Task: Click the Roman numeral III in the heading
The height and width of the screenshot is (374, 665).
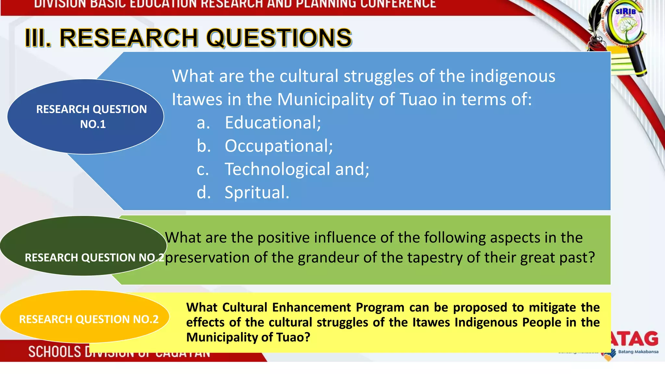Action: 38,38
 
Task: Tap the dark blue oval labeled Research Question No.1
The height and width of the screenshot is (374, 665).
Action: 85,116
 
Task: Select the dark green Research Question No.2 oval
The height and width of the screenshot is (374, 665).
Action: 83,245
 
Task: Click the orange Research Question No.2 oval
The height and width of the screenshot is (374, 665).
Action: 84,317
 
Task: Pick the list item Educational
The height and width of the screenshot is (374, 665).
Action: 273,123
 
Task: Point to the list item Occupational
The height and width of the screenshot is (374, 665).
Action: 279,146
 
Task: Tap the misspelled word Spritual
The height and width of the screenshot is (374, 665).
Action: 257,193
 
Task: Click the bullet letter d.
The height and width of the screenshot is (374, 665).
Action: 204,193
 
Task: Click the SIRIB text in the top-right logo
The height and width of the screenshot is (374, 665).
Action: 625,12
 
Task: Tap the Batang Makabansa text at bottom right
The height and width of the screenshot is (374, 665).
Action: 638,352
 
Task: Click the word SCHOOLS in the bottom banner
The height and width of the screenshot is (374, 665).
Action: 55,352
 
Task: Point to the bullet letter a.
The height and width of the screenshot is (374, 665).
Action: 203,123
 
